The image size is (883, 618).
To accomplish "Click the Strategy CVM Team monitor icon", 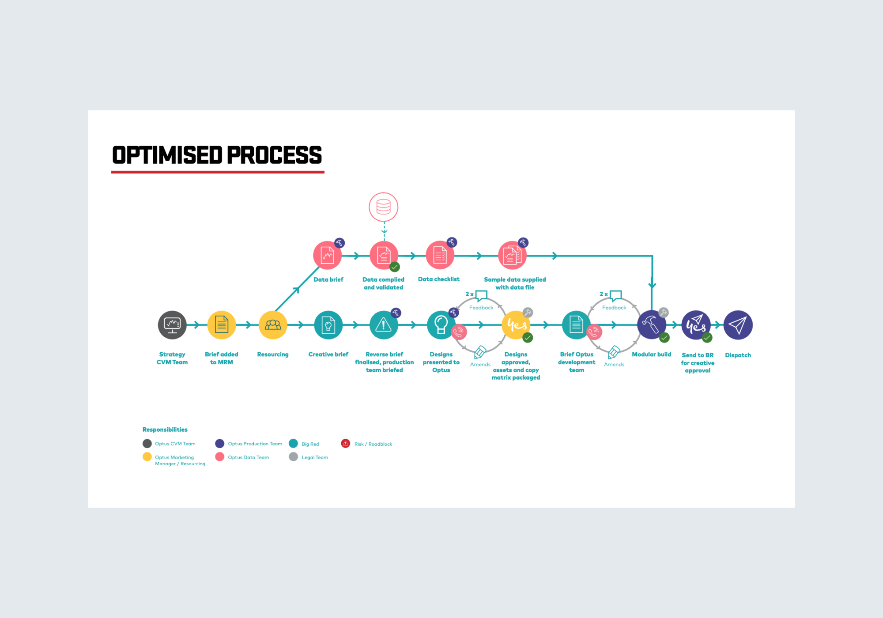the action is coord(172,325).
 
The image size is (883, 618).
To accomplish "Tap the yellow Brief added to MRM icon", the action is coord(222,325).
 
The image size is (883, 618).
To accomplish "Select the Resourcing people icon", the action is coord(273,325).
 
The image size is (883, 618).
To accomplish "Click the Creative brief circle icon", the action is coord(328,325).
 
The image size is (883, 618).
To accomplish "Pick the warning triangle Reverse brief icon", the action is coord(384,325).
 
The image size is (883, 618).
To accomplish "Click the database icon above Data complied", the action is coord(384,207).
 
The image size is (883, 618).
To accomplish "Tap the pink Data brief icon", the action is coord(328,255).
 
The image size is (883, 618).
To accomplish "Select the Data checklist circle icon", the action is coord(440,255).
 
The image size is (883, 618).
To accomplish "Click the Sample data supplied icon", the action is coord(513,255).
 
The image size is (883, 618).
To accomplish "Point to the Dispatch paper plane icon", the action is coord(738,325).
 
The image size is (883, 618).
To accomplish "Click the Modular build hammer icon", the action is coord(652,325).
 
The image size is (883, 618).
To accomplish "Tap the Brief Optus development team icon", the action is coord(576,325).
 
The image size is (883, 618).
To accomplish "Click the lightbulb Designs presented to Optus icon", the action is coord(441,325).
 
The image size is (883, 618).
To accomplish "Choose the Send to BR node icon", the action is coord(696,325).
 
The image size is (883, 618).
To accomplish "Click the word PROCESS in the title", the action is coord(275,155).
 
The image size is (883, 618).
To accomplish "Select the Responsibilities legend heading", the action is coord(165,430).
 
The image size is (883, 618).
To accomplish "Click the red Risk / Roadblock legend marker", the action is coord(346,443).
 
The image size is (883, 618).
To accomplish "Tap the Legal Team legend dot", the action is coord(294,456).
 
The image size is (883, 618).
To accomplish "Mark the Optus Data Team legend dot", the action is coord(220,456).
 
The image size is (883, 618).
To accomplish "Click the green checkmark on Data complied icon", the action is coord(395,267).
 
